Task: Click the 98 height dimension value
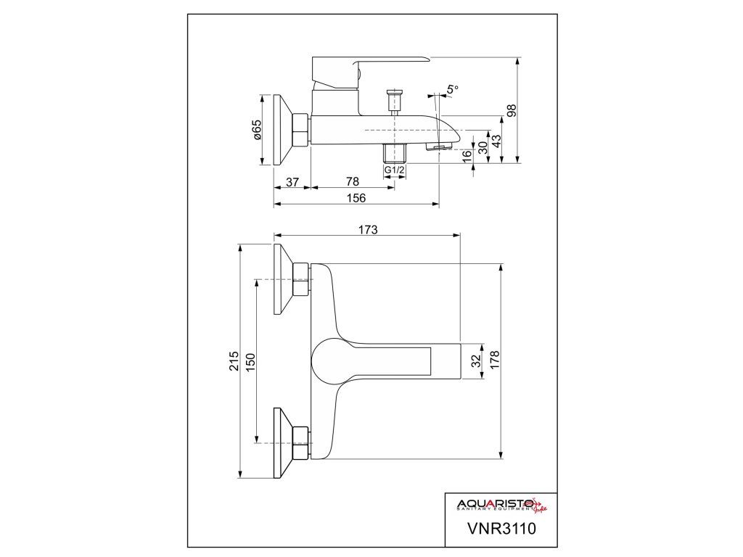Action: coord(512,111)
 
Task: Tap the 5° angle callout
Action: coord(453,89)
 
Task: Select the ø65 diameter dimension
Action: coord(257,130)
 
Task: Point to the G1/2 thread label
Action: coord(394,170)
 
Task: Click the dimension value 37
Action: coord(292,182)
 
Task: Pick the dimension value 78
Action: coord(353,182)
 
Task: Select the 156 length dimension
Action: coord(356,198)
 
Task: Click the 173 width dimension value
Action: coord(368,229)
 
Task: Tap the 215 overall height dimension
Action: coord(234,361)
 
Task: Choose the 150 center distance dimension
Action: coord(250,361)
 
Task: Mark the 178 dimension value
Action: coord(495,361)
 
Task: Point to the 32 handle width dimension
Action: coord(476,360)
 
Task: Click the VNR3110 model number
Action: coord(501,528)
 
